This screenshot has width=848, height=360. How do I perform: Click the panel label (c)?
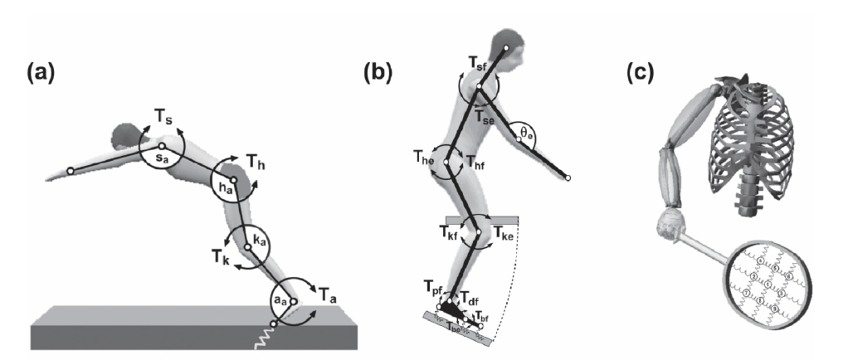coord(641,74)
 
